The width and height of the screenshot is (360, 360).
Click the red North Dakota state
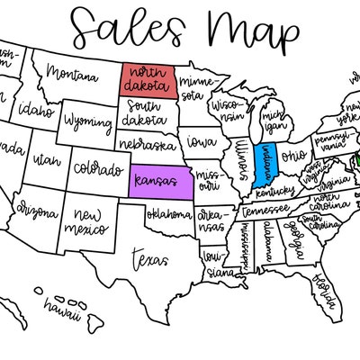(x=145, y=79)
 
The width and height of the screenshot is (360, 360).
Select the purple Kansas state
(x=161, y=183)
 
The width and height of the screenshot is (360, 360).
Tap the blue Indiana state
(x=267, y=163)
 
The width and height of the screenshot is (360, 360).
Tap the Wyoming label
(x=87, y=120)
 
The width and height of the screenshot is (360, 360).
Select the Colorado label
(x=98, y=168)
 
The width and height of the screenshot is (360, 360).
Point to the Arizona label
(x=35, y=210)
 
